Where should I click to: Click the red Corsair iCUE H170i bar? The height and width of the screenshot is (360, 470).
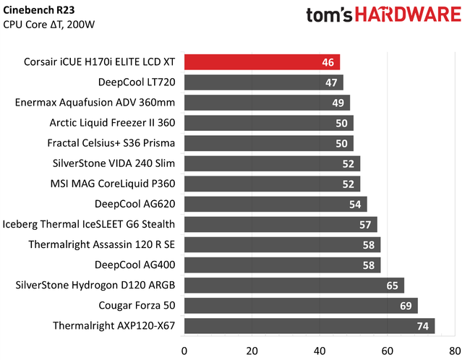click(262, 62)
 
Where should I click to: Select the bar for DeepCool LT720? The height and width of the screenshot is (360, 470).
click(263, 82)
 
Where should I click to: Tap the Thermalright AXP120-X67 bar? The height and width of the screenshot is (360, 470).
click(309, 325)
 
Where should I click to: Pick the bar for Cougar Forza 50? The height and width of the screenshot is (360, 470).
click(301, 305)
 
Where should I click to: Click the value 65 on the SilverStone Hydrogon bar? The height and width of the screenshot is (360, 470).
click(392, 285)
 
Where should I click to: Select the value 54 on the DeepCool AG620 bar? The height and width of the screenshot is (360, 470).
click(355, 204)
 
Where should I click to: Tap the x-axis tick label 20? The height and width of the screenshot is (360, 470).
click(252, 351)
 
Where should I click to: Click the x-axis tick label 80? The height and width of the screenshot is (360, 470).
click(454, 351)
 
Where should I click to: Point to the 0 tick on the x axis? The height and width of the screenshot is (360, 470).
click(184, 351)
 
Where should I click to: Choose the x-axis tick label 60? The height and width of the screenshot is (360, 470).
click(387, 351)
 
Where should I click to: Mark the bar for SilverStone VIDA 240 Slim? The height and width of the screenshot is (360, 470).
click(272, 163)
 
